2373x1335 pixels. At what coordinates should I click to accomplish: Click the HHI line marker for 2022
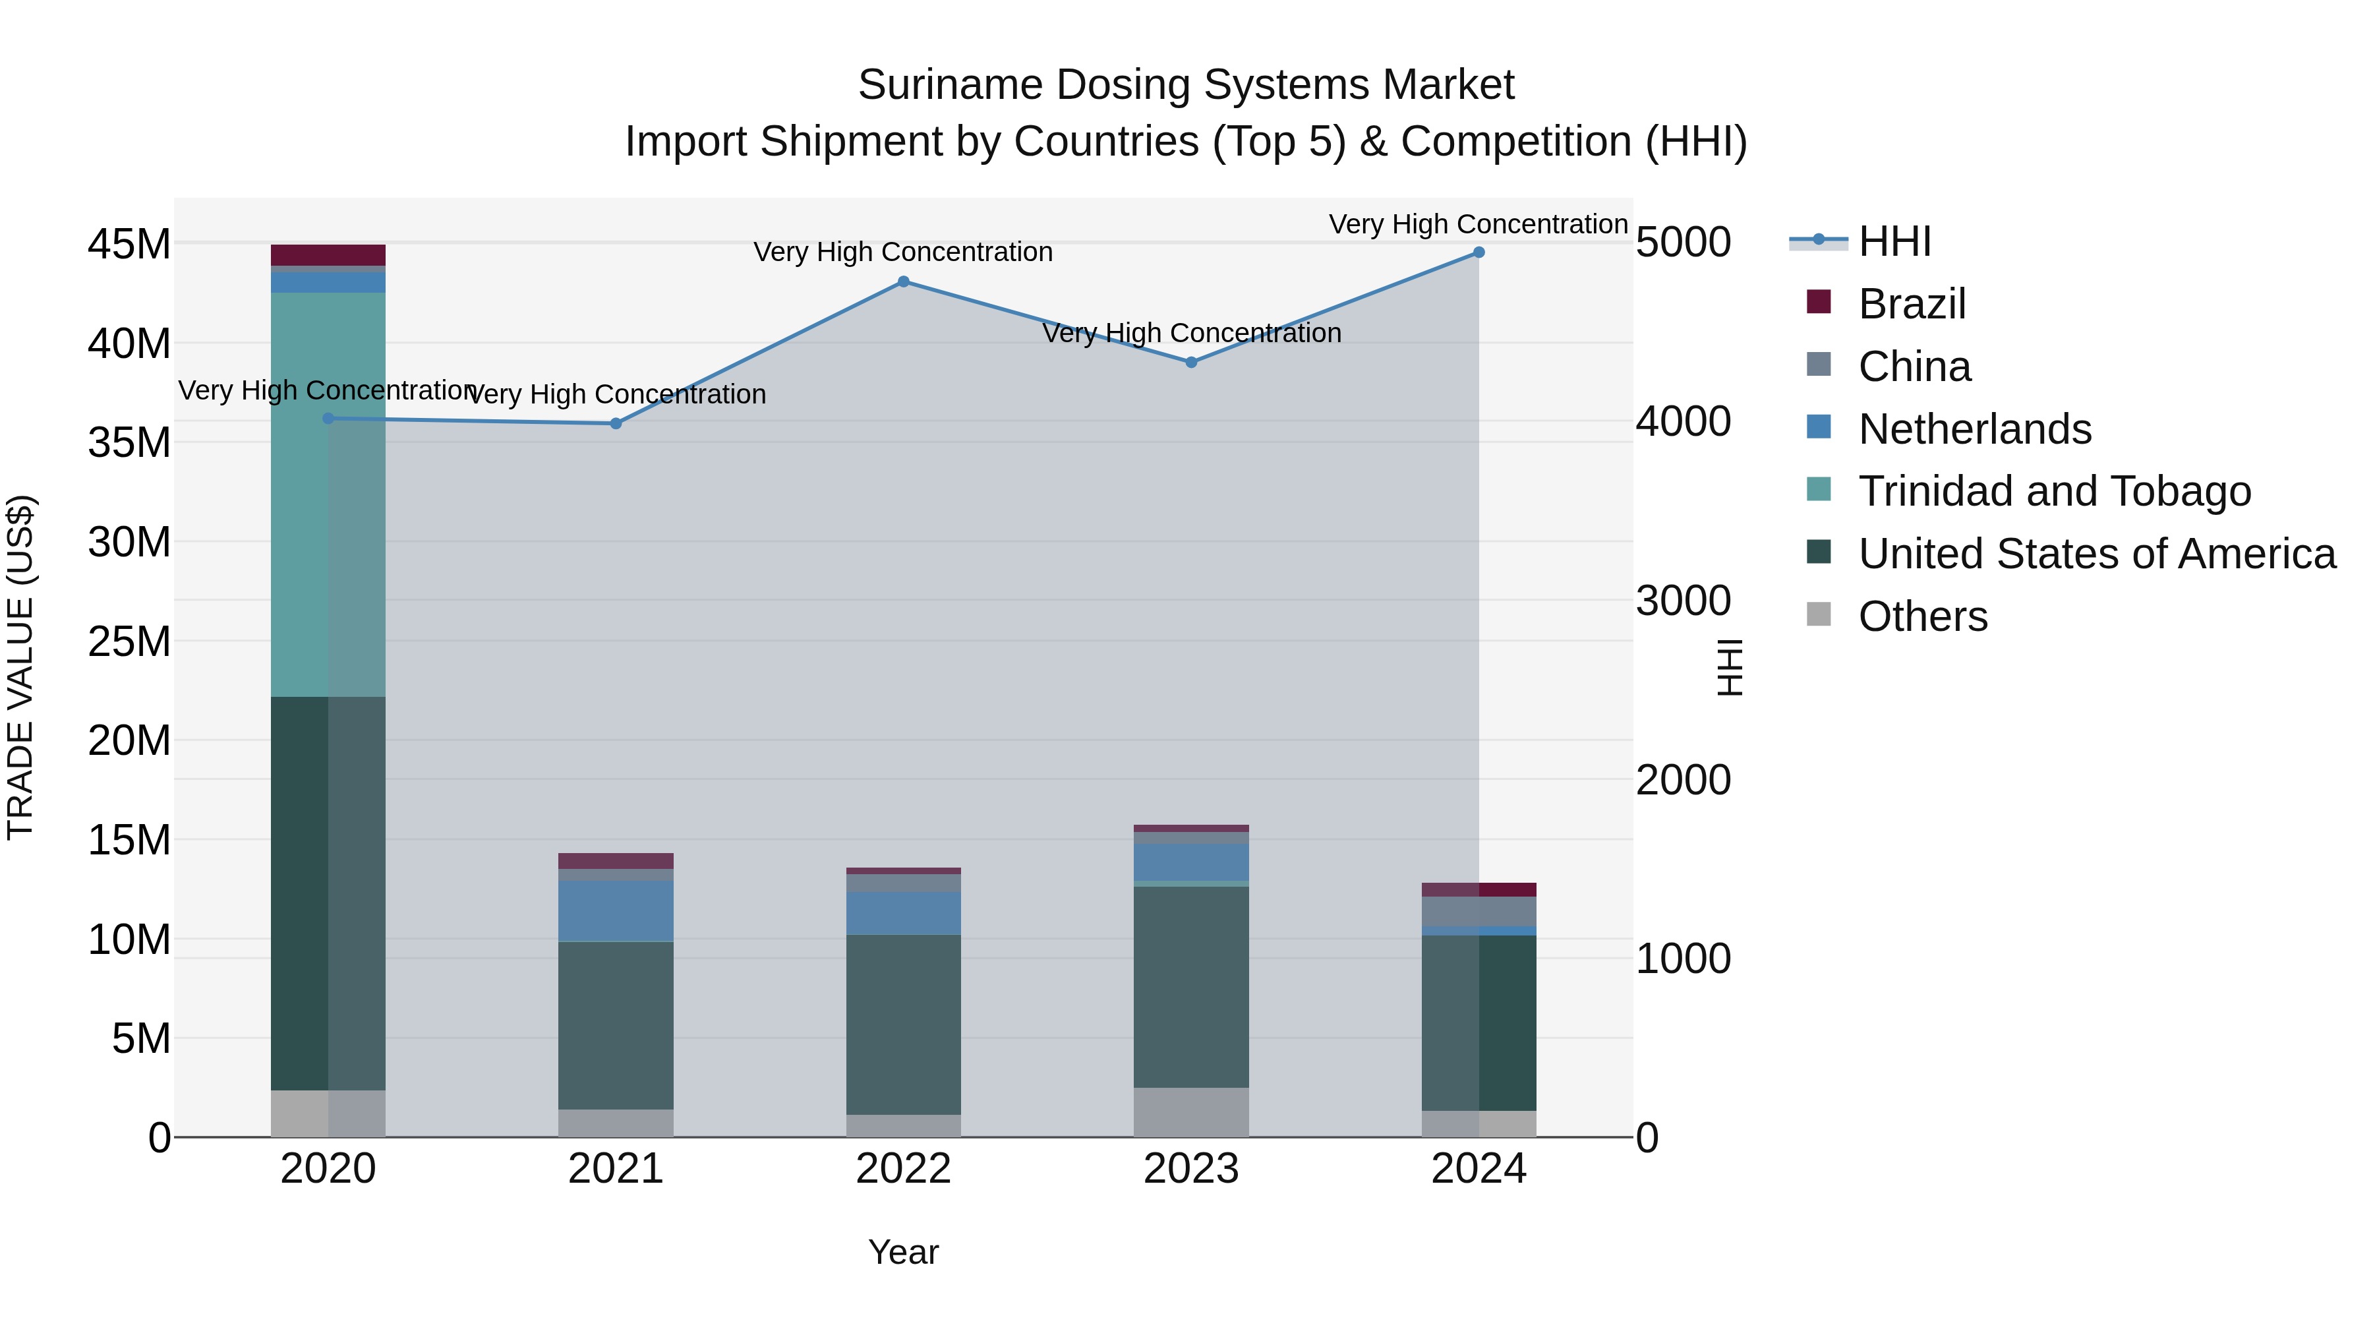tap(903, 282)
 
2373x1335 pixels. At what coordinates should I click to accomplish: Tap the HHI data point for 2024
tap(1479, 252)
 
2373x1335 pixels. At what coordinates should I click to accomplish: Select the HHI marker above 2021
tap(616, 424)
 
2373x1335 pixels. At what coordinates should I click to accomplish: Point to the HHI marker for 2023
tap(1191, 362)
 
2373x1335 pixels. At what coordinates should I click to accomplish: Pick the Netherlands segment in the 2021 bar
tap(616, 910)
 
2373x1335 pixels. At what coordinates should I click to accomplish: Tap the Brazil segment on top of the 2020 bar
tap(328, 255)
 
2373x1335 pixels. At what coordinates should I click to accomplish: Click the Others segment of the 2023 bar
tap(1191, 1112)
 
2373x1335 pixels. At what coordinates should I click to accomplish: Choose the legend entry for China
tap(1914, 367)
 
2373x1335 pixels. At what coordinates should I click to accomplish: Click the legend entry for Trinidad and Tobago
tap(2054, 491)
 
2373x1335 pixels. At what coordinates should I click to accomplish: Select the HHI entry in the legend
tap(1894, 241)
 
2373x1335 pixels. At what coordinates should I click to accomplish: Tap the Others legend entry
tap(1923, 616)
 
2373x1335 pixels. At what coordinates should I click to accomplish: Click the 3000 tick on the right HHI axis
tap(1683, 601)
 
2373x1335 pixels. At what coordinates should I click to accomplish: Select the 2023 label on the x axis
tap(1191, 1169)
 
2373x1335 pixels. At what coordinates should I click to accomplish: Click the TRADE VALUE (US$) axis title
tap(21, 667)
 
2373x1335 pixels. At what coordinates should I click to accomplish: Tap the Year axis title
tap(903, 1252)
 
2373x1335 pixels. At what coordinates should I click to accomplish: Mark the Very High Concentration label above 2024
tap(1478, 224)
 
